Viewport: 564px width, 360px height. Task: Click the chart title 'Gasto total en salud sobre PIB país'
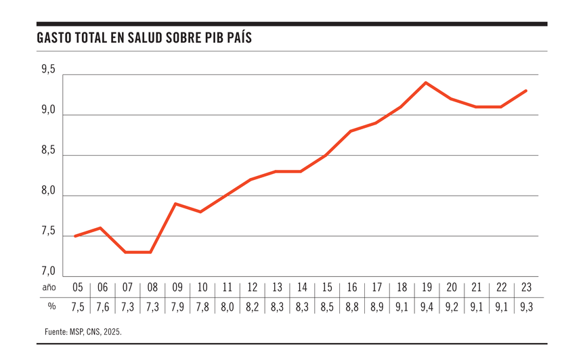pyautogui.click(x=144, y=38)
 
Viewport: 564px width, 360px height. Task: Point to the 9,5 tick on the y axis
pyautogui.click(x=47, y=69)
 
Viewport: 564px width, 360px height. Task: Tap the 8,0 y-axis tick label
pyautogui.click(x=47, y=191)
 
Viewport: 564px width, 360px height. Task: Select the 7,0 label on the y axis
pyautogui.click(x=47, y=271)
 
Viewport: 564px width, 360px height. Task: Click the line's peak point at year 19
pyautogui.click(x=425, y=83)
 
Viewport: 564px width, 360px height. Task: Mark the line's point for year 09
pyautogui.click(x=175, y=204)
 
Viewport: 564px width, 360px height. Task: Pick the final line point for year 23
pyautogui.click(x=526, y=91)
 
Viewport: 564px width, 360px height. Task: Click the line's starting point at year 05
pyautogui.click(x=75, y=236)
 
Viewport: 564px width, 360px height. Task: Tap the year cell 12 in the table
pyautogui.click(x=252, y=287)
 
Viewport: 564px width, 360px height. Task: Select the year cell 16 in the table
pyautogui.click(x=352, y=287)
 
